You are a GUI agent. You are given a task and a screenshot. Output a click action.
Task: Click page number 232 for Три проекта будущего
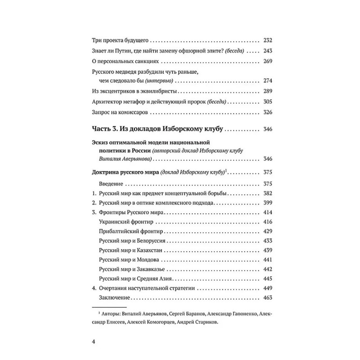tap(267, 40)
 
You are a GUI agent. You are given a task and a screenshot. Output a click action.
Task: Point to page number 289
tap(267, 91)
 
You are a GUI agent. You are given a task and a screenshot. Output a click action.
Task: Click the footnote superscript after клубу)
tap(226, 170)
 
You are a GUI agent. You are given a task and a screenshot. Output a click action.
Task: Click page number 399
tap(267, 203)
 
